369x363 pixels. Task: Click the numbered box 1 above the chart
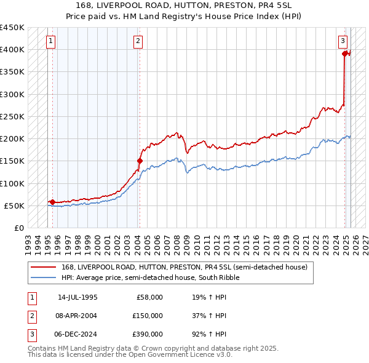tap(50, 41)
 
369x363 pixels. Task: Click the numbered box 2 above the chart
tap(138, 41)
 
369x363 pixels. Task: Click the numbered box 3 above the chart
tap(343, 41)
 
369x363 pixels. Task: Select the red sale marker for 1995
tap(52, 202)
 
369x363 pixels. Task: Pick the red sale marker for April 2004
tap(140, 161)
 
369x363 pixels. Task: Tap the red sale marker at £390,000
tap(344, 54)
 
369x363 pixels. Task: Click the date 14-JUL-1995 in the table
tap(77, 297)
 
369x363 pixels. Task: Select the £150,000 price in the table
tap(148, 316)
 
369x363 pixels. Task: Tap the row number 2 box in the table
tap(31, 316)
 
